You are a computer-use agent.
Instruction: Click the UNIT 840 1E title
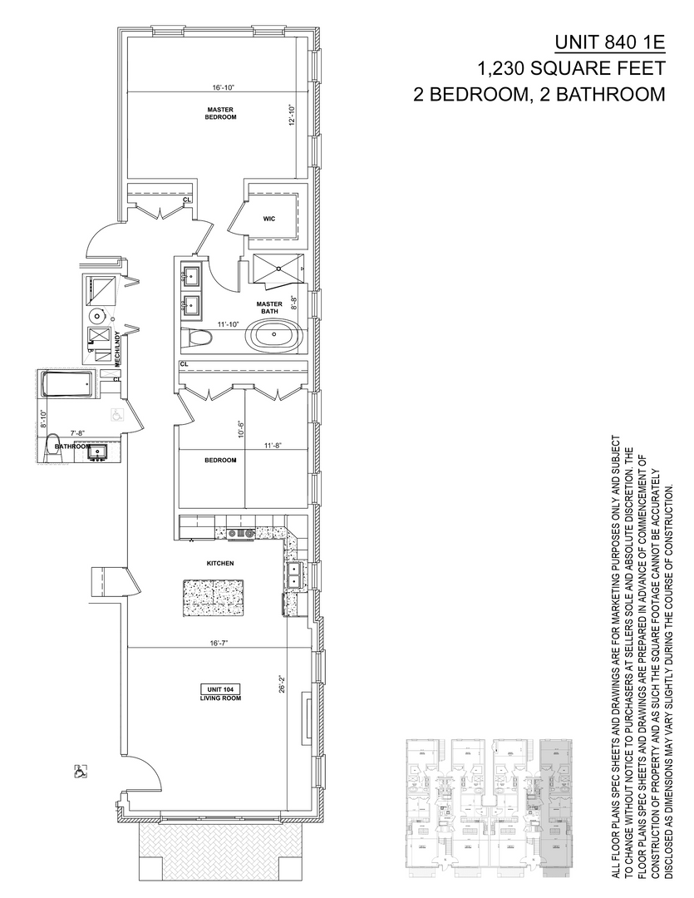[x=610, y=43]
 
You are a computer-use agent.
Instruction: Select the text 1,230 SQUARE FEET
[x=571, y=68]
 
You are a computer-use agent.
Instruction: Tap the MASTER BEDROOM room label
[x=221, y=113]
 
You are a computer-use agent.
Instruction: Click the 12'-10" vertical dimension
[x=291, y=115]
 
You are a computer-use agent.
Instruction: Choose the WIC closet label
[x=268, y=219]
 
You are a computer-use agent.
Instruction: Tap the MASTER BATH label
[x=270, y=307]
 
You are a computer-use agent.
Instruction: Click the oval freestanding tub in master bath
[x=275, y=340]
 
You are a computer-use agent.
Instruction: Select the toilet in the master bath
[x=197, y=339]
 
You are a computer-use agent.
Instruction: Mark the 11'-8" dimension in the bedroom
[x=272, y=446]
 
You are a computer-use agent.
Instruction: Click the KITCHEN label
[x=220, y=563]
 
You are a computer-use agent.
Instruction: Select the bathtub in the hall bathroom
[x=67, y=386]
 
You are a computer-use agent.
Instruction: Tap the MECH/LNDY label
[x=118, y=346]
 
